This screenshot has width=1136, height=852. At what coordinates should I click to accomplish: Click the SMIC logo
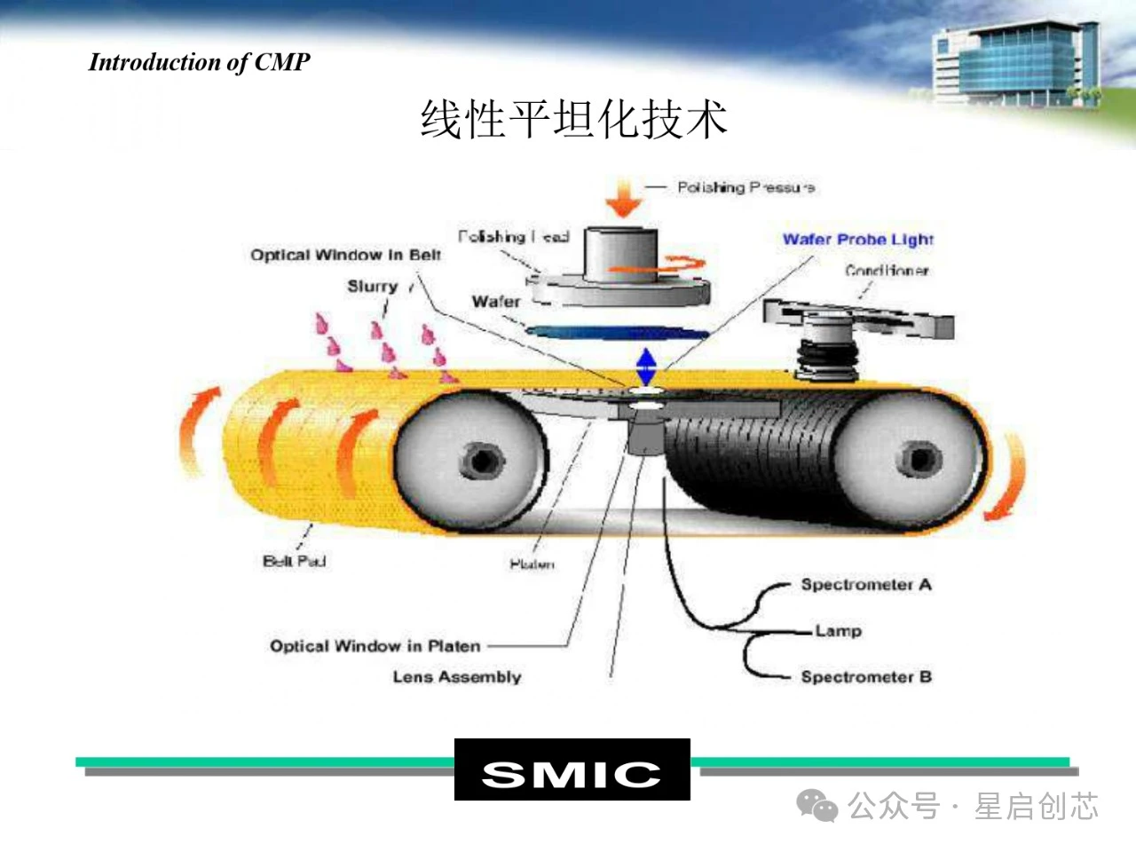pos(572,770)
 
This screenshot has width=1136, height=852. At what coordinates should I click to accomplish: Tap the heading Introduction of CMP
pos(200,62)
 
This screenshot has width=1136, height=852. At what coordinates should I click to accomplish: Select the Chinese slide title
pos(573,119)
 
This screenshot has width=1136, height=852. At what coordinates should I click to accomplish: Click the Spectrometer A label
pos(865,585)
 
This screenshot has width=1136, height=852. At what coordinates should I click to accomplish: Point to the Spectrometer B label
pos(865,677)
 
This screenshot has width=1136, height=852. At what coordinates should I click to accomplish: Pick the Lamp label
pos(838,631)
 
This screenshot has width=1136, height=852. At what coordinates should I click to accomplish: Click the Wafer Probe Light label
pos(857,239)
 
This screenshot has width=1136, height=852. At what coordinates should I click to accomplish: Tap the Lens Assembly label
pos(456,677)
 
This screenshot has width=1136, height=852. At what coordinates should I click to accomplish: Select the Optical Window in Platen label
pos(375,646)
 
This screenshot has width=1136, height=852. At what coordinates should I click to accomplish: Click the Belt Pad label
pos(294,561)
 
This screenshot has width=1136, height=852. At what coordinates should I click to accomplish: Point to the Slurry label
pos(372,286)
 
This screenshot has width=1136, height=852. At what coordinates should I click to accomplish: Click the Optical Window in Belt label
pos(345,256)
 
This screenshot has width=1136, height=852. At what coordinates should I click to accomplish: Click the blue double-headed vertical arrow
pos(645,366)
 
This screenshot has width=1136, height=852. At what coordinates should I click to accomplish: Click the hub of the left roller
pos(481,461)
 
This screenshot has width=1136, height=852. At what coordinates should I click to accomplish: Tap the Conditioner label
pos(886,270)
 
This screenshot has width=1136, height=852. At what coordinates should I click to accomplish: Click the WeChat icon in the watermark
pos(816,806)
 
